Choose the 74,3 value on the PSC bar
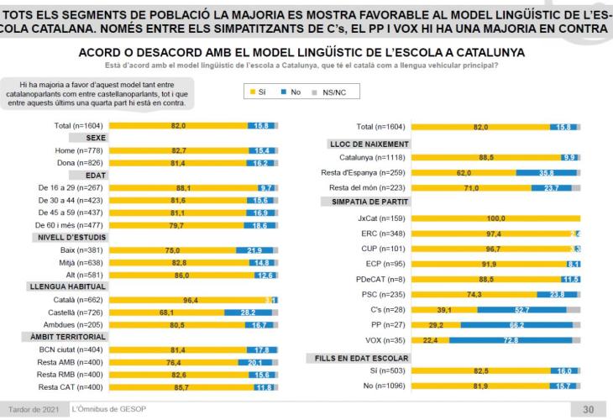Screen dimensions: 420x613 [475, 294]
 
